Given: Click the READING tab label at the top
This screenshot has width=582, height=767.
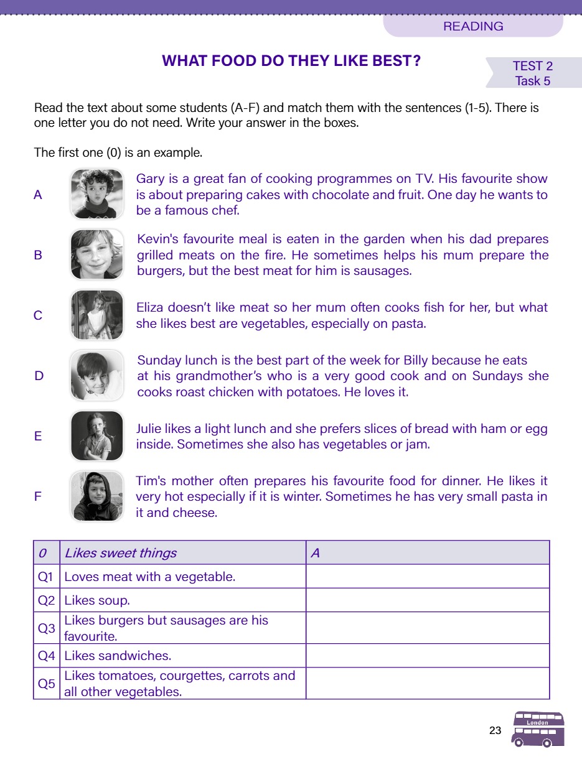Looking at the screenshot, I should tap(473, 26).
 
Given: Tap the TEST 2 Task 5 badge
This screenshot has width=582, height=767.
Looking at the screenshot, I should tap(533, 73).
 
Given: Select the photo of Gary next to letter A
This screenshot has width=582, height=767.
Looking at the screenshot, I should tap(96, 194).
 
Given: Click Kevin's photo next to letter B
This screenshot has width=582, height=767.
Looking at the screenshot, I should tap(96, 254).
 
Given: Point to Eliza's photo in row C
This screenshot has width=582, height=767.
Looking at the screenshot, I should tap(96, 315).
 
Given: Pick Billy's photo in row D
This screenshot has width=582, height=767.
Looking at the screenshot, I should tap(96, 375).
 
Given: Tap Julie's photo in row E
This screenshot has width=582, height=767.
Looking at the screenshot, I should tap(96, 435).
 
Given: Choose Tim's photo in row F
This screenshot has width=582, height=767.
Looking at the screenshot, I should tap(96, 496).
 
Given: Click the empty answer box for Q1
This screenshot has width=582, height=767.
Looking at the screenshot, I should tap(428, 577).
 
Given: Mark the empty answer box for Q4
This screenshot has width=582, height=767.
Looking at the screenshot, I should tap(428, 656).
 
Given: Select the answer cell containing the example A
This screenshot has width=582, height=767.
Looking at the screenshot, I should tap(428, 553).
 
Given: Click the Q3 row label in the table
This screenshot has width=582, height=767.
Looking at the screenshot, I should tap(47, 628).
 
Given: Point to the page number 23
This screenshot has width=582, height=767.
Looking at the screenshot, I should tap(495, 731).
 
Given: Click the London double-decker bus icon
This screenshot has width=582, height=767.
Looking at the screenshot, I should tap(538, 729).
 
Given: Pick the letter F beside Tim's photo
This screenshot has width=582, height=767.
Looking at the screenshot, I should tap(38, 496).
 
